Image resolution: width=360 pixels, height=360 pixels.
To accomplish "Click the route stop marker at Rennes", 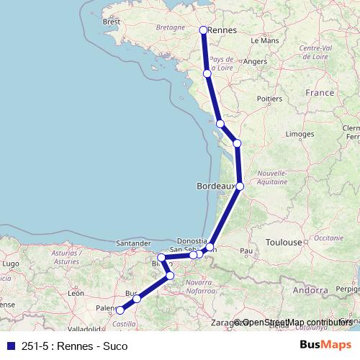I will click(203, 30).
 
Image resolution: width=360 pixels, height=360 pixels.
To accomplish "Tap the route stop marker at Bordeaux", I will click(240, 186).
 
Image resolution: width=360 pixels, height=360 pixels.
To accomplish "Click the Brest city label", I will click(112, 22).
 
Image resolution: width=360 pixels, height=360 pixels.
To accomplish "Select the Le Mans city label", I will click(264, 41).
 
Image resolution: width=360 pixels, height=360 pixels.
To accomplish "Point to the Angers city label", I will click(255, 62).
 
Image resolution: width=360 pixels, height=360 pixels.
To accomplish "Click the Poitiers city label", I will click(269, 98).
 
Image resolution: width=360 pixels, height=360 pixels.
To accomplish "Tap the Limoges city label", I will click(299, 134).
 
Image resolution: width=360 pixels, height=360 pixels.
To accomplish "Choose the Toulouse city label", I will click(284, 243).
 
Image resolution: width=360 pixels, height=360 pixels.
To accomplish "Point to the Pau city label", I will click(246, 251).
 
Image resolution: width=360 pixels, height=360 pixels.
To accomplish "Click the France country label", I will click(320, 93).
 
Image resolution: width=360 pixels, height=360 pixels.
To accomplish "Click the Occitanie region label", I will click(329, 237).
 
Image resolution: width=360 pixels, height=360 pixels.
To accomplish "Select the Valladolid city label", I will click(85, 328).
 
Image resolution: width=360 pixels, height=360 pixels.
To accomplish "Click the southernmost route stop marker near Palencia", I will click(120, 311).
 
